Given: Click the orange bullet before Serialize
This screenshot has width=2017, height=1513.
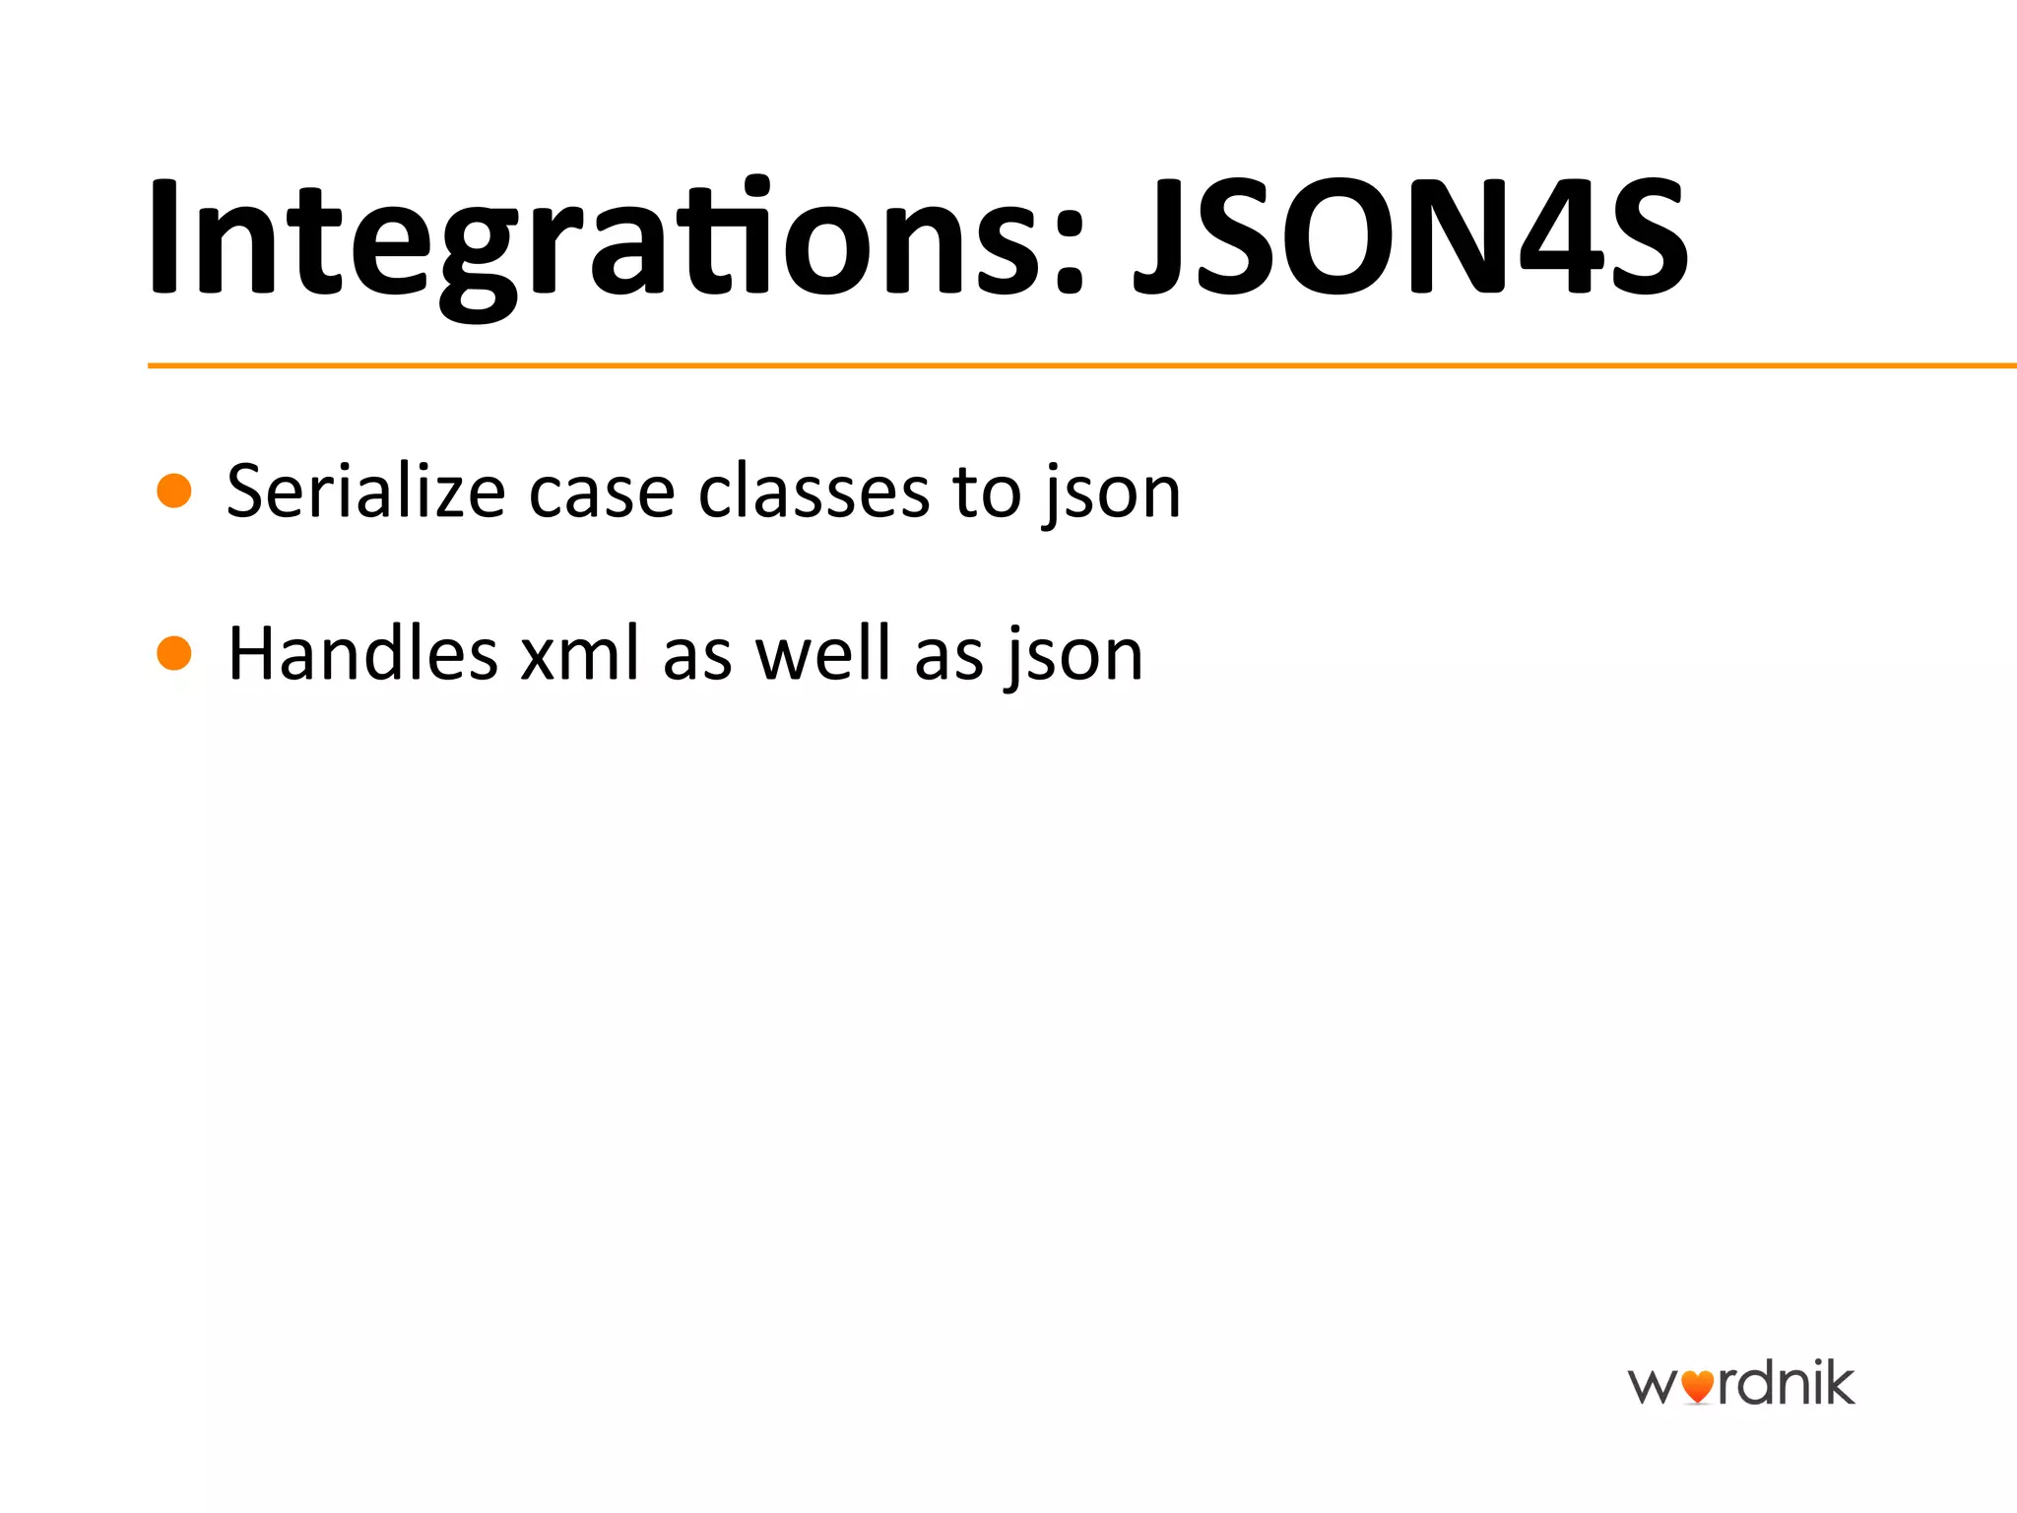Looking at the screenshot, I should [x=174, y=491].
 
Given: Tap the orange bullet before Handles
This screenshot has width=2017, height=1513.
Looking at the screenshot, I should [x=174, y=653].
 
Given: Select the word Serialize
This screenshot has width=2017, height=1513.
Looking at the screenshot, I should [x=365, y=491].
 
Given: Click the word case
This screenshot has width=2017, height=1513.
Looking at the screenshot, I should [x=601, y=493].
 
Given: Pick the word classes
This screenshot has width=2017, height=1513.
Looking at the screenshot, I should [x=813, y=491].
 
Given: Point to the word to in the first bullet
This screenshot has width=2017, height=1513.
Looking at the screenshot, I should [x=986, y=493].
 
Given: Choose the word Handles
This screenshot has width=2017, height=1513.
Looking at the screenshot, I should [x=362, y=653].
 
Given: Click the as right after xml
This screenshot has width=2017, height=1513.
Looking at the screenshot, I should [x=697, y=658].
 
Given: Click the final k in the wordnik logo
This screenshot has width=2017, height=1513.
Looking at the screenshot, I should [x=1838, y=1382].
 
